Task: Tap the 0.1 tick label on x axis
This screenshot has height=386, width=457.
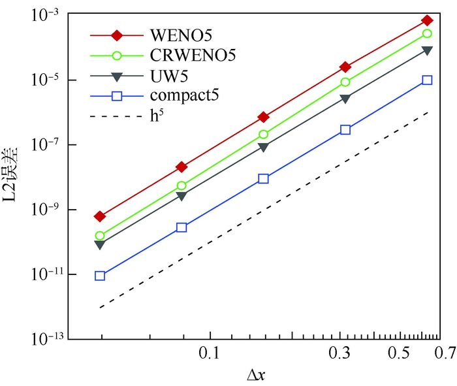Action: [x=209, y=353]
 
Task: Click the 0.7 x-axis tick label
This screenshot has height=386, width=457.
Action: [x=445, y=353]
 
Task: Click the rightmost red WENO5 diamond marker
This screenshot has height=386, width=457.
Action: [x=427, y=20]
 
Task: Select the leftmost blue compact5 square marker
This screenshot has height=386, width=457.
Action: [x=100, y=276]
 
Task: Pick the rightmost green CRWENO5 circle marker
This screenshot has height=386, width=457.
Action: [x=427, y=33]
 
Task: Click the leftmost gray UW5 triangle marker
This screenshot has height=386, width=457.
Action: [x=100, y=245]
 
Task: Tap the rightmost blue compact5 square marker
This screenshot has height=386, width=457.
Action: [x=427, y=80]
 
